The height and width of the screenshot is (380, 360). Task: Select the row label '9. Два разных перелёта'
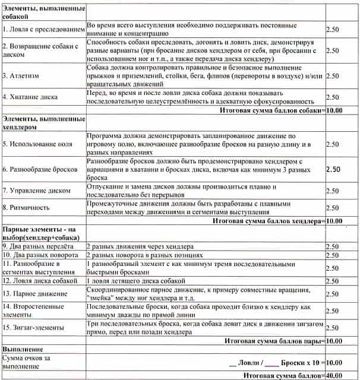coord(38,246)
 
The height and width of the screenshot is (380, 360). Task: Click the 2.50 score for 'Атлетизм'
coord(333,76)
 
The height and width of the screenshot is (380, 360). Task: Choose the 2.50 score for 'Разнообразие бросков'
coord(333,169)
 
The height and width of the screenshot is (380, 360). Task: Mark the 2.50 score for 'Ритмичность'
coord(333,208)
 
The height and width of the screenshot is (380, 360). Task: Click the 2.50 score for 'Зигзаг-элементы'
coord(333,327)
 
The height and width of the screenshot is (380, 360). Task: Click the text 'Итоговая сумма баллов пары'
coord(273,341)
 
